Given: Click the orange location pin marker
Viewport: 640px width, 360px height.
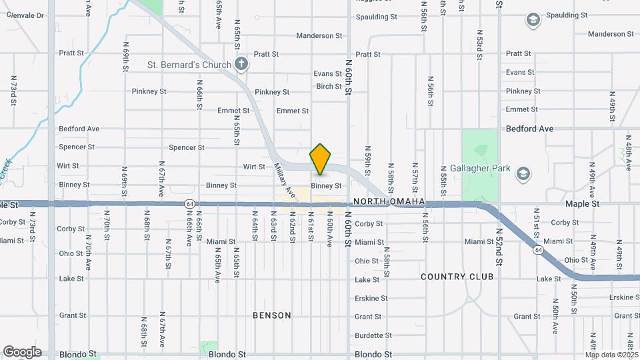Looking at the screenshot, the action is pos(320,159).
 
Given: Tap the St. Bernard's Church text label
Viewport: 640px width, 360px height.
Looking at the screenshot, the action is pos(189,65).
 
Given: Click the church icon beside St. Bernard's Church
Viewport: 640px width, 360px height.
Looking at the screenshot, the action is pos(241,64).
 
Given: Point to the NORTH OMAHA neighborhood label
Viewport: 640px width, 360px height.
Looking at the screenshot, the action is pos(389,201).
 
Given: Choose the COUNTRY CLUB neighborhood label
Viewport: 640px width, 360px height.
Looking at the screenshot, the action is pos(457,276).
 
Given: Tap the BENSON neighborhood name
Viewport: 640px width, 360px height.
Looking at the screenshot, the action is pos(272,315).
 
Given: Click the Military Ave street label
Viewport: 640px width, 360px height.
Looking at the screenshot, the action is pos(285,181).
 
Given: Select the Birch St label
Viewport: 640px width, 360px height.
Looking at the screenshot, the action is pos(329,87).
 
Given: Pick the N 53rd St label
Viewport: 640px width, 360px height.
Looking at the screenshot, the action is pos(479,45).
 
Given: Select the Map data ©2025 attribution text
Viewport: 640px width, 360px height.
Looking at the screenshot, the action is pos(611,355).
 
